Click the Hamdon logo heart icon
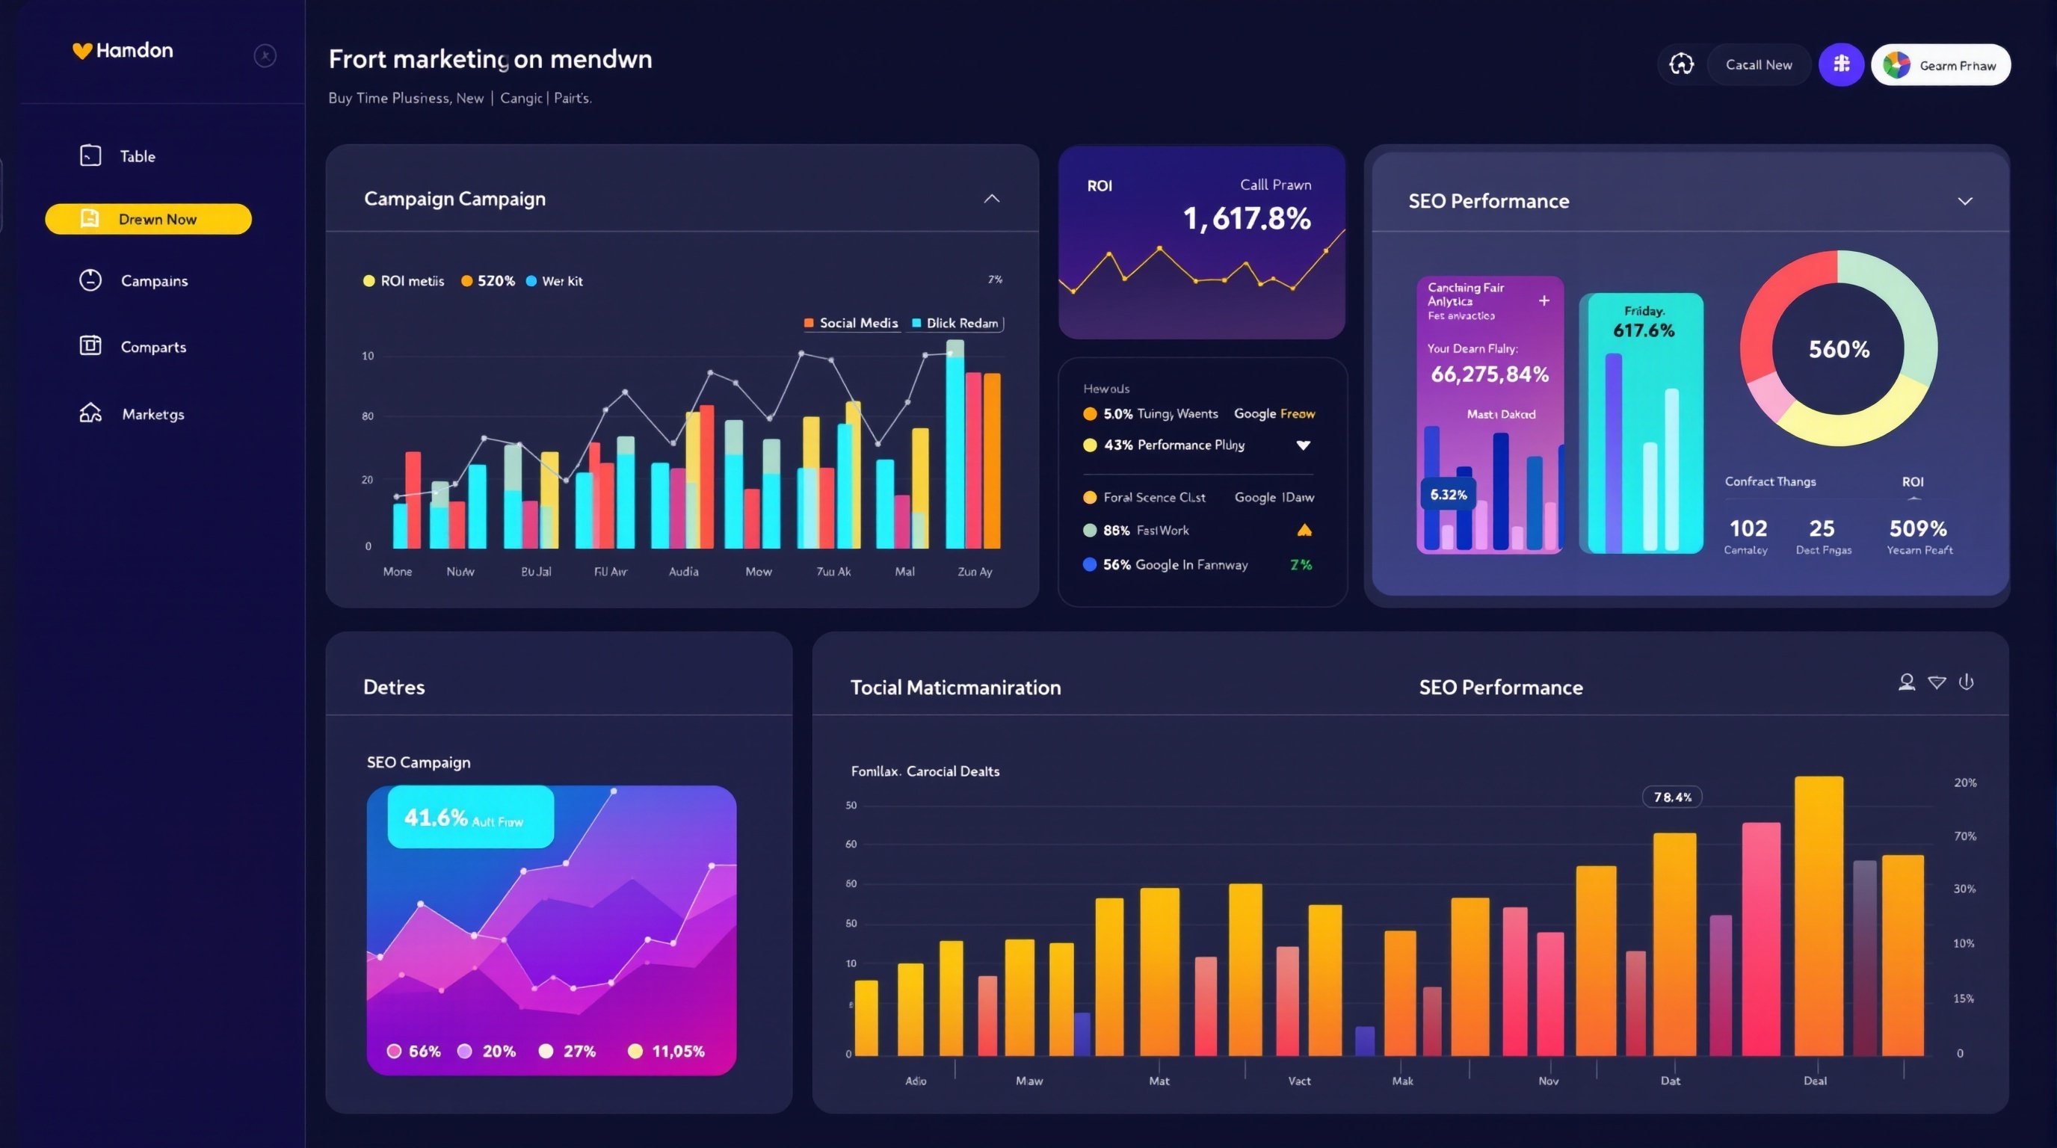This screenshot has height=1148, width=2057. [x=82, y=51]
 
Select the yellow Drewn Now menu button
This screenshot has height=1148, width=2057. [x=149, y=219]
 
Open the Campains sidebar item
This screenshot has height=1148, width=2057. [x=153, y=281]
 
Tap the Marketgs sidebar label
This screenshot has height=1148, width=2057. [x=152, y=414]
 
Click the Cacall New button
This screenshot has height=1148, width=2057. [x=1758, y=65]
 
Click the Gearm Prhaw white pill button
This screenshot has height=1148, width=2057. [x=1940, y=66]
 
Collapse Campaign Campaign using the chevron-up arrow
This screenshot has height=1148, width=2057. [x=991, y=199]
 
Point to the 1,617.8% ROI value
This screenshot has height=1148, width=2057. [x=1246, y=219]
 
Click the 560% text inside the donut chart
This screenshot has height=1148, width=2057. [x=1838, y=349]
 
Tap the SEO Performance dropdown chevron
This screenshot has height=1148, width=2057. [x=1964, y=201]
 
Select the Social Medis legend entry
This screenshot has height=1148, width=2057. [x=851, y=324]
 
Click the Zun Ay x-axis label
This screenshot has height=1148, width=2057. [x=974, y=572]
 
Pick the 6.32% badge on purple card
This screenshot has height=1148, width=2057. [x=1448, y=495]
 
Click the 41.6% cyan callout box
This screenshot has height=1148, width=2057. [x=469, y=817]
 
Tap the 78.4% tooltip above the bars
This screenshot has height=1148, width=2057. [x=1671, y=797]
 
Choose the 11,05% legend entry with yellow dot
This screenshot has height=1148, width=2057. [x=667, y=1052]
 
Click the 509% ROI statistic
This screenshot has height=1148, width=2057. [x=1917, y=528]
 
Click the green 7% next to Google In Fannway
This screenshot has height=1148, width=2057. [x=1300, y=565]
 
